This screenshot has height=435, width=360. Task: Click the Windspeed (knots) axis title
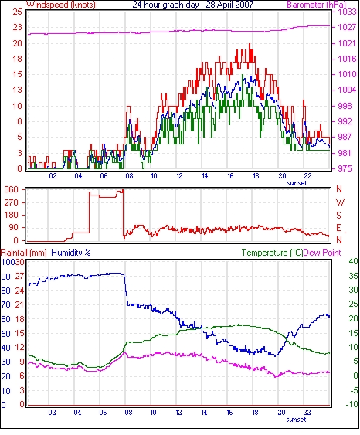pyautogui.click(x=61, y=5)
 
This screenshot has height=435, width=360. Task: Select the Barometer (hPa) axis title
pyautogui.click(x=317, y=5)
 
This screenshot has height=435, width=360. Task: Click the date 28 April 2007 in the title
pyautogui.click(x=229, y=5)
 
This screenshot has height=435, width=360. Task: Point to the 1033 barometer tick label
pyautogui.click(x=347, y=12)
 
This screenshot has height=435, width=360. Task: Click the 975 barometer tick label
pyautogui.click(x=345, y=168)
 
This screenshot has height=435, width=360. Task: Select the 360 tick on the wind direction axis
pyautogui.click(x=12, y=190)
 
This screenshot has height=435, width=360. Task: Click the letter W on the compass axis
pyautogui.click(x=340, y=202)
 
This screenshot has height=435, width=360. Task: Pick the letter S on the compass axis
pyautogui.click(x=338, y=215)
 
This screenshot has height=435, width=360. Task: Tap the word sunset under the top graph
pyautogui.click(x=297, y=183)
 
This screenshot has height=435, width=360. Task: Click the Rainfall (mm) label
pyautogui.click(x=24, y=253)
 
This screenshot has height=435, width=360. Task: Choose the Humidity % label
pyautogui.click(x=71, y=253)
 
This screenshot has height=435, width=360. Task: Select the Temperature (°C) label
pyautogui.click(x=272, y=253)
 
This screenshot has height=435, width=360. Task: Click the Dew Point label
pyautogui.click(x=322, y=253)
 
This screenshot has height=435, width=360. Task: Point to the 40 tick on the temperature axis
pyautogui.click(x=353, y=261)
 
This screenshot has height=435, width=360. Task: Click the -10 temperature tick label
pyautogui.click(x=352, y=405)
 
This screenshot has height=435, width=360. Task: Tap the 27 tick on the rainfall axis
pyautogui.click(x=19, y=277)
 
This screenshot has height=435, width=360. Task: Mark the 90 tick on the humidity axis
pyautogui.click(x=5, y=277)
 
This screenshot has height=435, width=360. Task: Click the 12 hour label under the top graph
pyautogui.click(x=179, y=176)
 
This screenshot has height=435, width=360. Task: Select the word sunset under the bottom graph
pyautogui.click(x=296, y=420)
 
